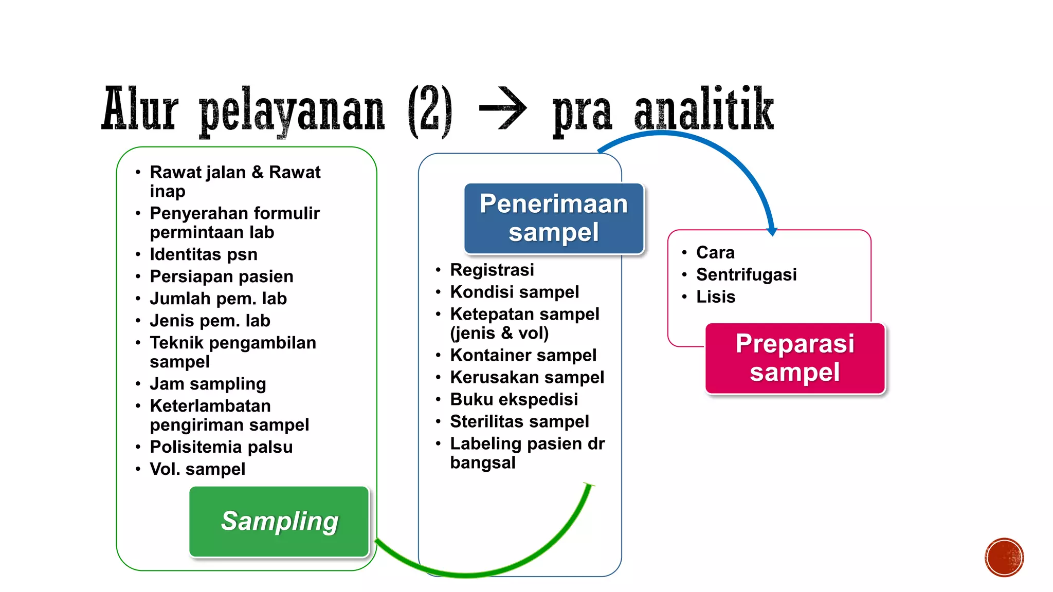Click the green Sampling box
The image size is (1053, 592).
(279, 521)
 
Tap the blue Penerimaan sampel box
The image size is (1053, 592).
(554, 218)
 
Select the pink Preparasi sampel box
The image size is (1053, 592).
(795, 358)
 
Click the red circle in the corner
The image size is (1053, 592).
(1004, 557)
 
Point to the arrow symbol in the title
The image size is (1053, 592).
(502, 108)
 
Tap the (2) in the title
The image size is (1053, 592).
(430, 110)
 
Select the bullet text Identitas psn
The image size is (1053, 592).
(204, 254)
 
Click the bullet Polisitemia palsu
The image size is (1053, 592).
(221, 447)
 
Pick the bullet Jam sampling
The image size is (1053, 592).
(208, 384)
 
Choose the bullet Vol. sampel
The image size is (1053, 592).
(197, 469)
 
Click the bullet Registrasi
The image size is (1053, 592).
(492, 270)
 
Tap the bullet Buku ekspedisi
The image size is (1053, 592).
(514, 399)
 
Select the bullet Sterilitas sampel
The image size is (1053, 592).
(519, 421)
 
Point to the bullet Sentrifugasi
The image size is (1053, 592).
(746, 274)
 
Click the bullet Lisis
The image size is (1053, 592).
(716, 297)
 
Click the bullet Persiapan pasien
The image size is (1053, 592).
(222, 276)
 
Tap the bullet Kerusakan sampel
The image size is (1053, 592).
(527, 377)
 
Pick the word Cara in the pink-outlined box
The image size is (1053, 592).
(715, 252)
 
